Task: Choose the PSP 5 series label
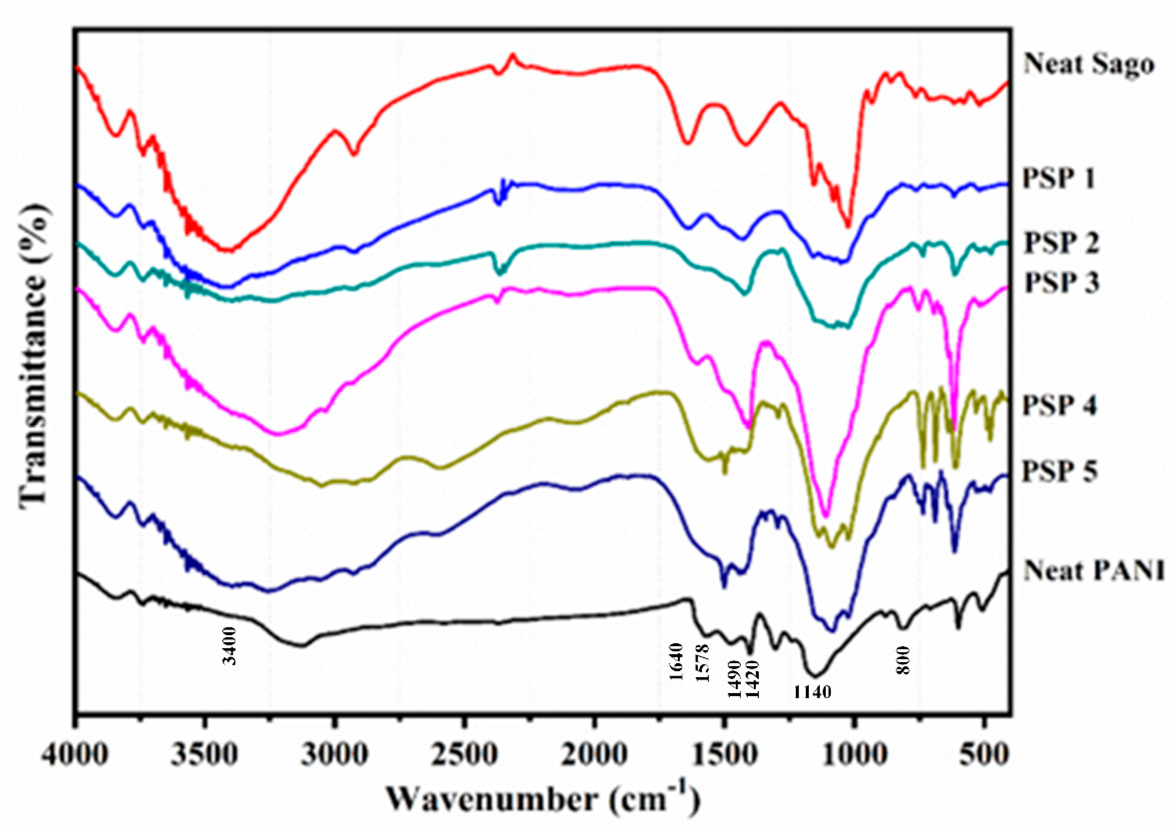pos(1060,472)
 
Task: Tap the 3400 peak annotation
pos(231,645)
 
